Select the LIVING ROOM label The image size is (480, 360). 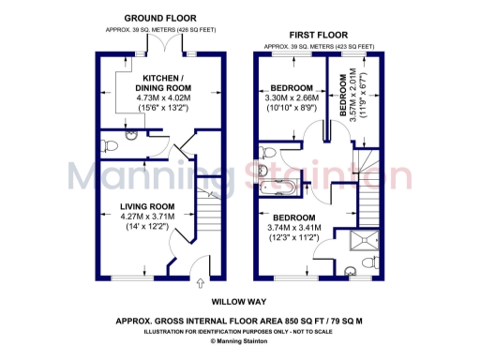pos(147,206)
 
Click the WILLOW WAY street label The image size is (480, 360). pos(237,302)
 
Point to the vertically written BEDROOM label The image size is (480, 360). pos(343,103)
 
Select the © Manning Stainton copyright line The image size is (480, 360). pos(240,340)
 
